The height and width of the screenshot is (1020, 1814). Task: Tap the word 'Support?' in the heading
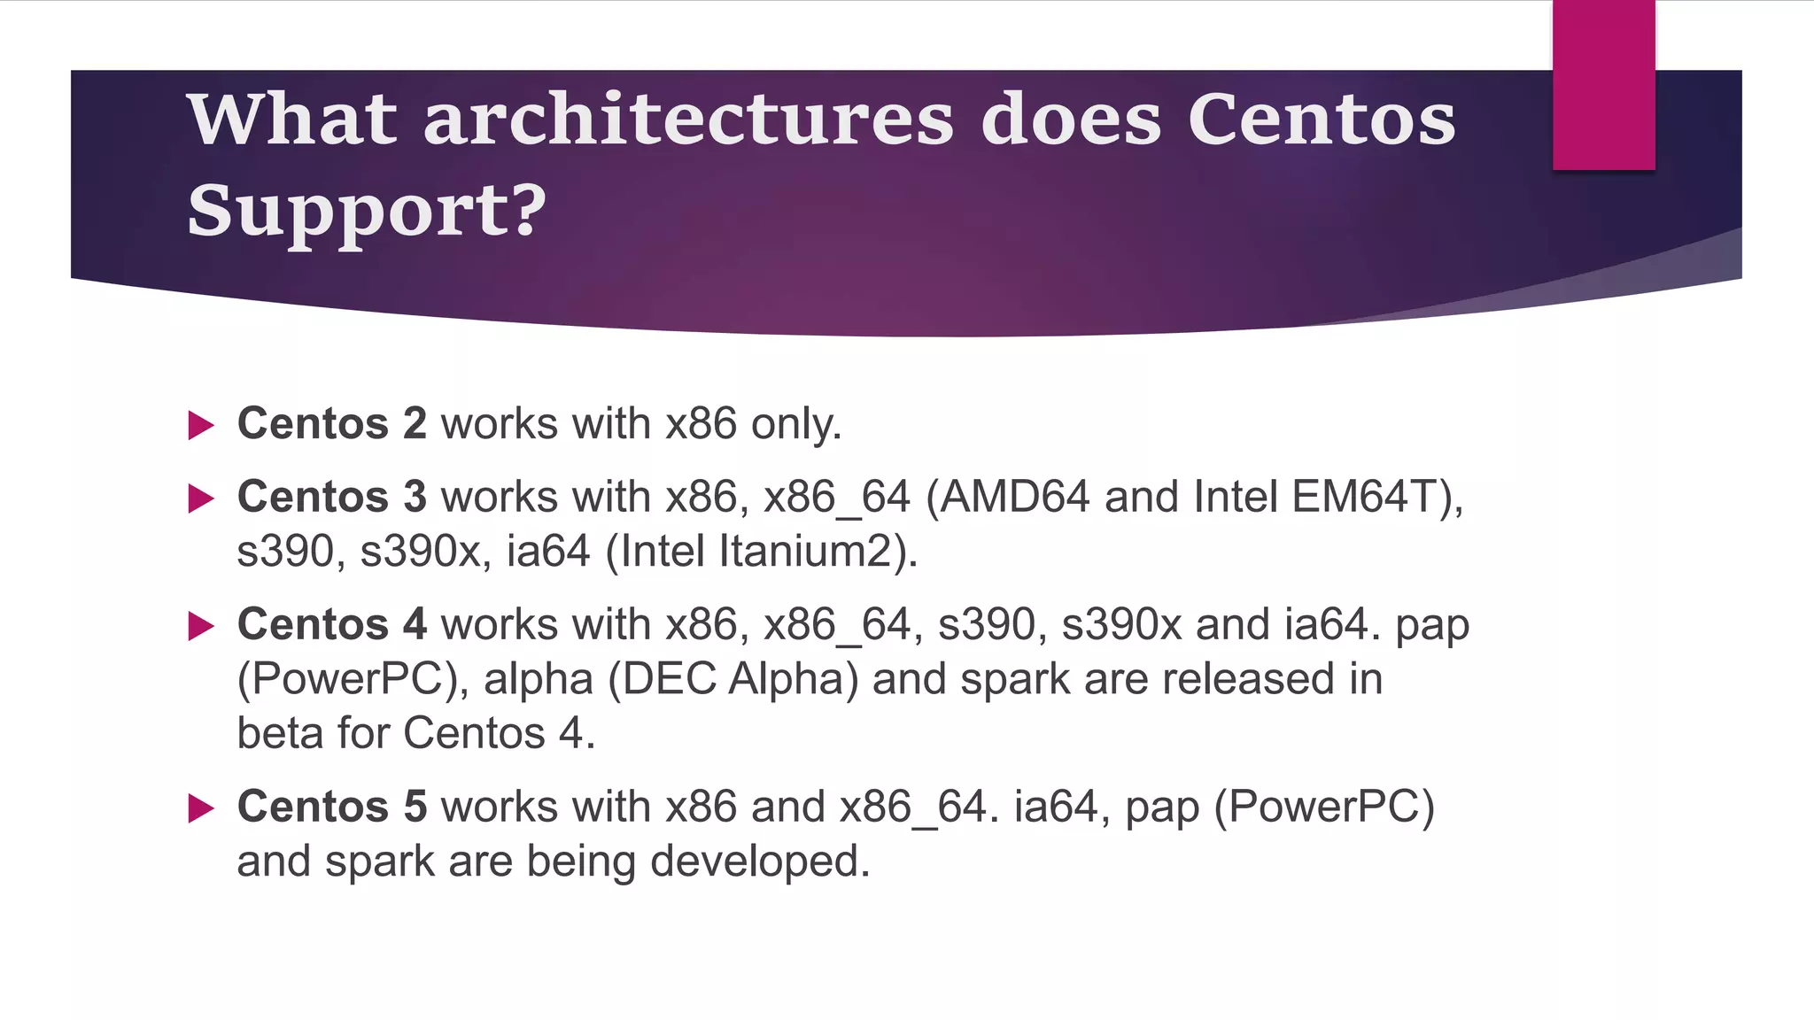367,211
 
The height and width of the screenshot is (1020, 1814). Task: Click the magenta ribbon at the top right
1603,85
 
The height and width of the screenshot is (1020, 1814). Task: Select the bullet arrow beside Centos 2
201,426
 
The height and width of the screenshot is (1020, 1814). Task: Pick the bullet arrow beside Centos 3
201,498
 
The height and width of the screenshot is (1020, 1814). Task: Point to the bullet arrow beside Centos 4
201,627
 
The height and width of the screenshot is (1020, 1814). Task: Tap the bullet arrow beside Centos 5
201,808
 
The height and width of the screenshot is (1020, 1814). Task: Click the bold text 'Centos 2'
332,423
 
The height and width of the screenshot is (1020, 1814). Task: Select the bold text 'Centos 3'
332,496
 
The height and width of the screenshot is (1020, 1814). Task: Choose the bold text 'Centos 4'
332,624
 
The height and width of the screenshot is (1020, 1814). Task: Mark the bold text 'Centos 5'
332,807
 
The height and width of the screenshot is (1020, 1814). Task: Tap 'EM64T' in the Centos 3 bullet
1363,496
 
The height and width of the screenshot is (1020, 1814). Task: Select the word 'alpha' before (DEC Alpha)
538,680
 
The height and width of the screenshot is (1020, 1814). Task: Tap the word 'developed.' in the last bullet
760,862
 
